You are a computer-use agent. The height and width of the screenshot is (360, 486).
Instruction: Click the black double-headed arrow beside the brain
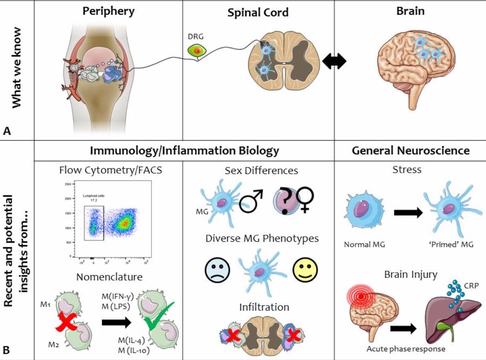pos(335,61)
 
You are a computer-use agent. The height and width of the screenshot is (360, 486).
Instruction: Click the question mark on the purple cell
pos(286,198)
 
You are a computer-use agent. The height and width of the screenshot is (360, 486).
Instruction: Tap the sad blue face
pos(214,269)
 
